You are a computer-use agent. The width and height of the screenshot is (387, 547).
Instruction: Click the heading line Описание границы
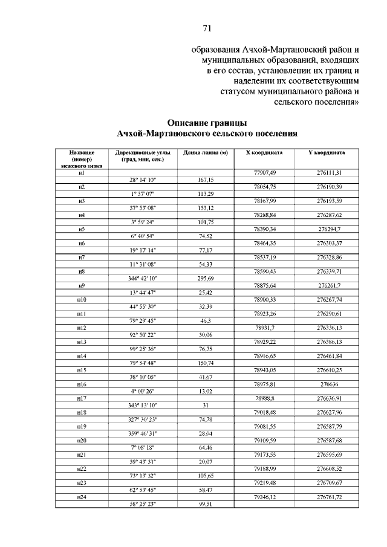click(x=207, y=121)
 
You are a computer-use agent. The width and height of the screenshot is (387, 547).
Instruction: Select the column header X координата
click(x=265, y=153)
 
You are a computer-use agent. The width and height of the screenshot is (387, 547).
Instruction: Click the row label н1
click(x=81, y=173)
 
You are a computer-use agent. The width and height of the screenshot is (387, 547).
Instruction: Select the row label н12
click(x=81, y=327)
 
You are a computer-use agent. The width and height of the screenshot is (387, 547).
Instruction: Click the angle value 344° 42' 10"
click(x=142, y=278)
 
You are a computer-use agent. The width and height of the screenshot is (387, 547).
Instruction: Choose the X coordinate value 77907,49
click(x=265, y=173)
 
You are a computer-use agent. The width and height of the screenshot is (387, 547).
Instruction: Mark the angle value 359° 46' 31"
click(x=142, y=433)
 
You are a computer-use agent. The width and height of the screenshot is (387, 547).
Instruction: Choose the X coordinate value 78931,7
click(x=265, y=327)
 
